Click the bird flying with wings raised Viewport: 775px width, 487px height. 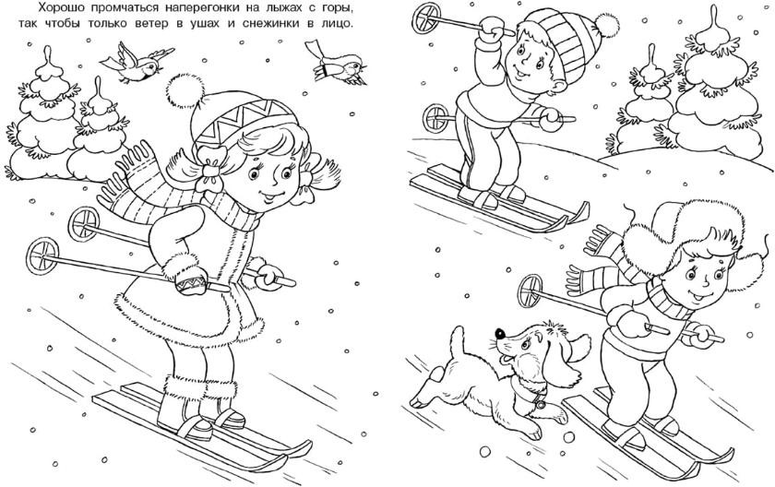click(136, 64)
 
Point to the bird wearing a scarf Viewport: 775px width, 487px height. click(336, 64)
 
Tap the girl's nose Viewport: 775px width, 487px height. click(269, 184)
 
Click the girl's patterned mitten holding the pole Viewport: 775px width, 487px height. click(192, 280)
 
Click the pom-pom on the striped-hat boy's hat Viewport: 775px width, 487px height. click(606, 26)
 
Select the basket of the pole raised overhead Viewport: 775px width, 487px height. click(425, 18)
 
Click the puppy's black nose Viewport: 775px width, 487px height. click(500, 333)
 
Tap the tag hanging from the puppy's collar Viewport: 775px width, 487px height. click(540, 403)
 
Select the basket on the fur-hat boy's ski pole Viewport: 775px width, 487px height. click(531, 291)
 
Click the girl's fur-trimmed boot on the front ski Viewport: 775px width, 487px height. click(183, 409)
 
